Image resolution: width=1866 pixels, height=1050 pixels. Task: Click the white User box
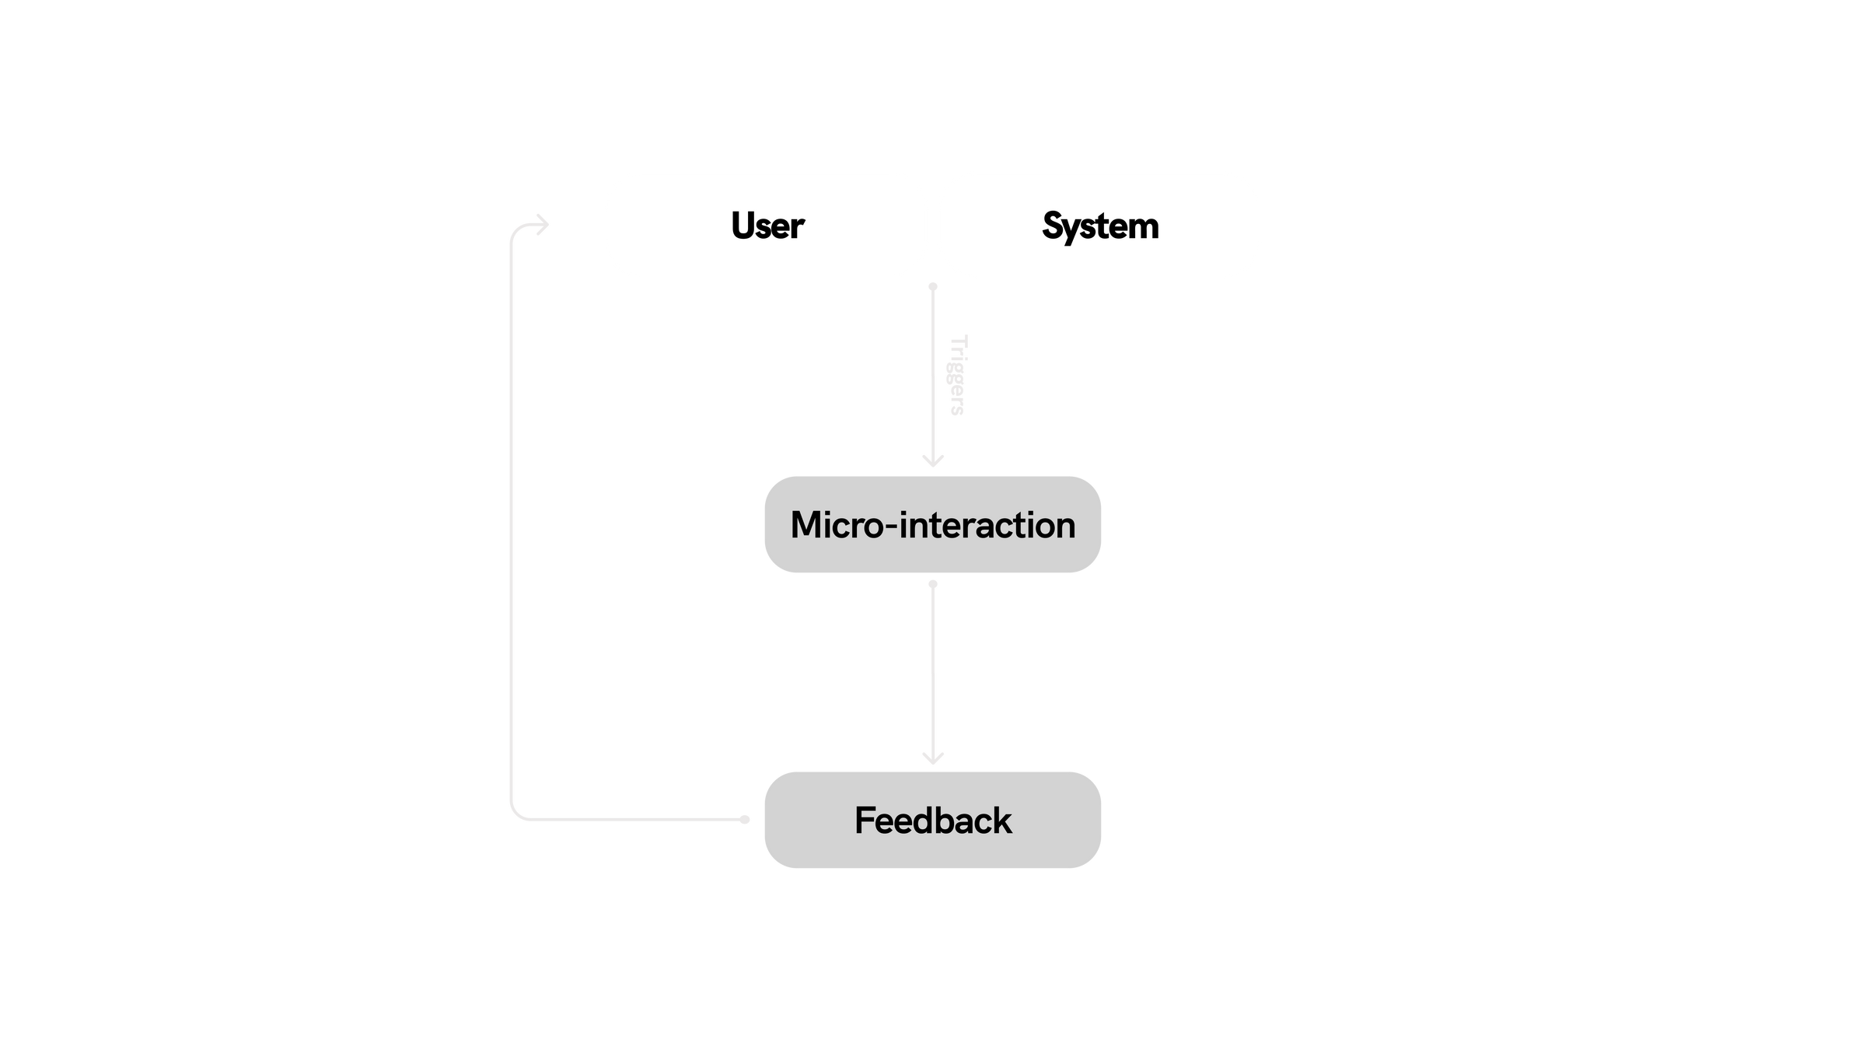click(766, 226)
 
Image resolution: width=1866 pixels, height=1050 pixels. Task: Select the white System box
click(1099, 226)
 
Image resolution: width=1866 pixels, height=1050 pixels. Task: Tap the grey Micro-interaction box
click(932, 525)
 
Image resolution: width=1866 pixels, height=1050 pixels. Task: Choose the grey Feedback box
click(932, 820)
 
